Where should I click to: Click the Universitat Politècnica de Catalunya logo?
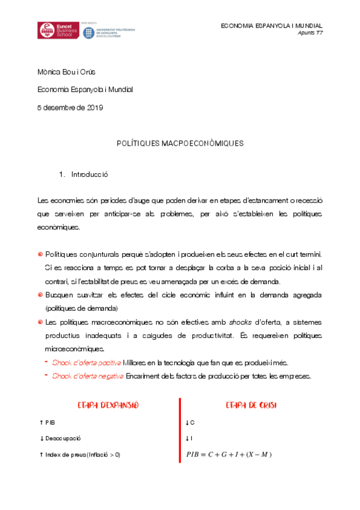click(109, 32)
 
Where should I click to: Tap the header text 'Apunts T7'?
click(310, 33)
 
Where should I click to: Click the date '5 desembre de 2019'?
click(70, 108)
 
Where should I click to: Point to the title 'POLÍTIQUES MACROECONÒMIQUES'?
click(180, 144)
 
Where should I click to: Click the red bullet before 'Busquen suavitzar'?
click(40, 295)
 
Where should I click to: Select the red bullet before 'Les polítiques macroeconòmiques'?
click(40, 322)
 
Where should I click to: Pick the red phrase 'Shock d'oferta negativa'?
click(88, 376)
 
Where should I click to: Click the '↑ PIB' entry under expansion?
click(47, 423)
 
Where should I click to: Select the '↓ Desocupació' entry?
click(59, 438)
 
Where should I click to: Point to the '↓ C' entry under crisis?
click(191, 423)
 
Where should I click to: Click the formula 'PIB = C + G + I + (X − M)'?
click(229, 454)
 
